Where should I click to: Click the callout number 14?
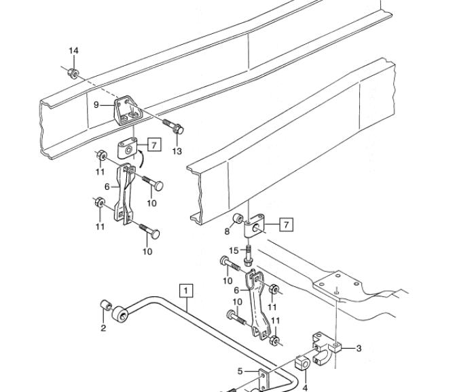click(74, 51)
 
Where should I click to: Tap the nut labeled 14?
click(73, 73)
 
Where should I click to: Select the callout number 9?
click(96, 105)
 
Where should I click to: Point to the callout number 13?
click(177, 151)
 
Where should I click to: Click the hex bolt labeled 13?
click(173, 128)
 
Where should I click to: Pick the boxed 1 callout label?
click(186, 291)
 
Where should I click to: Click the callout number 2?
click(103, 328)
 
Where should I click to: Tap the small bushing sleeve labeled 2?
click(106, 305)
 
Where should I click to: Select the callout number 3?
click(359, 348)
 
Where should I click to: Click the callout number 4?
click(305, 387)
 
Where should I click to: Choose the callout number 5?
click(240, 371)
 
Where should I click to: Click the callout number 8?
click(227, 231)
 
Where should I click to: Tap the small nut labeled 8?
click(238, 218)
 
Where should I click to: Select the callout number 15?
click(234, 250)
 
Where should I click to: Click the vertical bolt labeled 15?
click(248, 256)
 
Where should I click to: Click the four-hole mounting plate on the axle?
click(338, 283)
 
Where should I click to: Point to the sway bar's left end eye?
click(120, 314)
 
